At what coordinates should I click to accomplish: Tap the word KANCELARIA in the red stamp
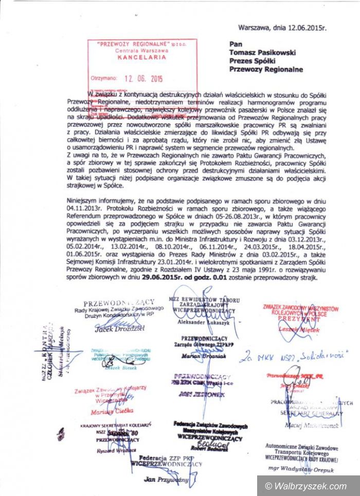coord(135,58)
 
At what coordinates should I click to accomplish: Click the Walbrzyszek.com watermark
coord(305,486)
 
